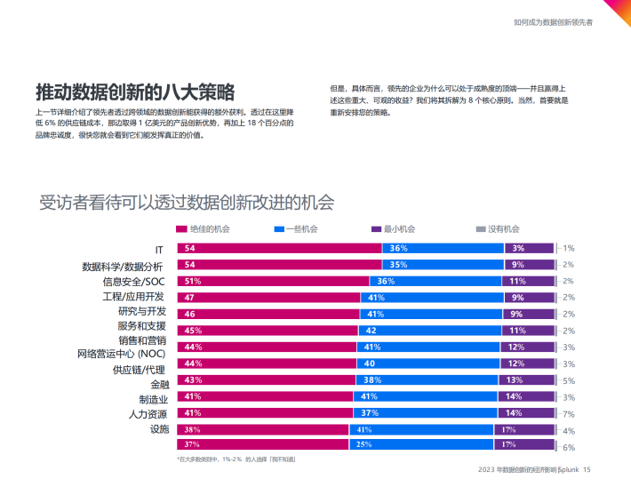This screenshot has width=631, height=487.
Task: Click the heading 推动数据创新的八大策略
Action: pyautogui.click(x=135, y=92)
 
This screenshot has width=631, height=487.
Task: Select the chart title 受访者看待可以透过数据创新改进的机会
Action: pyautogui.click(x=187, y=202)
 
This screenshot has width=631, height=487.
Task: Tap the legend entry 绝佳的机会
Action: pyautogui.click(x=210, y=229)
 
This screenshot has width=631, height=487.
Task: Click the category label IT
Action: pyautogui.click(x=160, y=249)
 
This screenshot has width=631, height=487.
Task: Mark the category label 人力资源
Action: pyautogui.click(x=145, y=413)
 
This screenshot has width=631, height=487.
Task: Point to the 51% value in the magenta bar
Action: pyautogui.click(x=191, y=281)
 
